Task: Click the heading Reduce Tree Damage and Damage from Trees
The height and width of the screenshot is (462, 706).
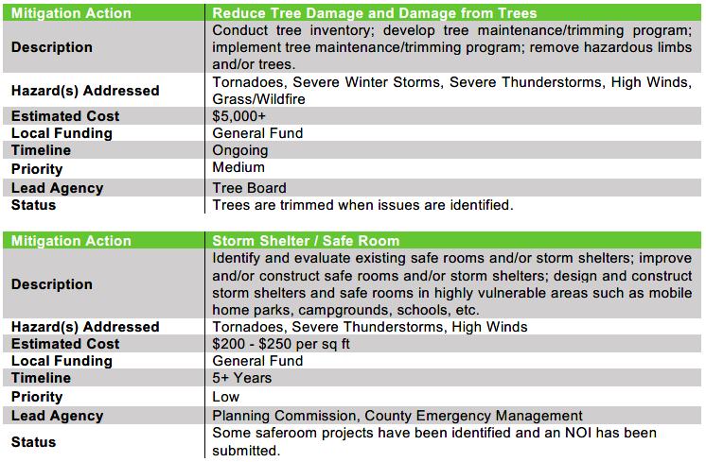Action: [375, 13]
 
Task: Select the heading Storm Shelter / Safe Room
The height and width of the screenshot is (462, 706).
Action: [306, 241]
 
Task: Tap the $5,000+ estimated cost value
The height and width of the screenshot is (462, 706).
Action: [240, 116]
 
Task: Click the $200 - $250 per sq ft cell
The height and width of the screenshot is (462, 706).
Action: [281, 344]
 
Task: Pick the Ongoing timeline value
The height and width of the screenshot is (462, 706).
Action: [240, 151]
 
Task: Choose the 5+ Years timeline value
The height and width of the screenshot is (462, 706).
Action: [242, 379]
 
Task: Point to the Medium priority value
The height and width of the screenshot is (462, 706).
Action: [239, 168]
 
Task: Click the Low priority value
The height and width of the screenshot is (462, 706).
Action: [226, 397]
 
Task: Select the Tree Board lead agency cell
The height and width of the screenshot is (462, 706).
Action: [250, 187]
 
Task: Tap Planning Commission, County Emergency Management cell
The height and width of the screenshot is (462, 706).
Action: [397, 416]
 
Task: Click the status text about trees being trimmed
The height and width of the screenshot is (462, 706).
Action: [362, 205]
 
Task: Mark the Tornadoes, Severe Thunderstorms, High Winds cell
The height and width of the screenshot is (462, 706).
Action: [370, 327]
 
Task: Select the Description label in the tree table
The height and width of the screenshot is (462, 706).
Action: [51, 47]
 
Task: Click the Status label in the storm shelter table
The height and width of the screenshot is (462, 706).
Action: [33, 441]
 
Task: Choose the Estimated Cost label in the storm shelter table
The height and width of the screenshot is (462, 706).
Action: [65, 344]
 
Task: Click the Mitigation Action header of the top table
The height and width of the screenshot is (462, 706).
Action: [71, 13]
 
